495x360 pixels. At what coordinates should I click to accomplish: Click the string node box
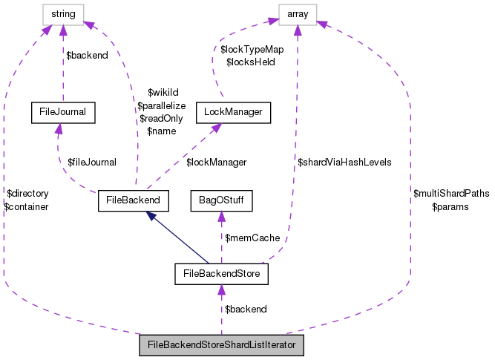62,13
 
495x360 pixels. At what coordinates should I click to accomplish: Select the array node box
297,13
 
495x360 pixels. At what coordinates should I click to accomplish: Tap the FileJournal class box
59,113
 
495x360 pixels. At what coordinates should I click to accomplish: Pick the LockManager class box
232,113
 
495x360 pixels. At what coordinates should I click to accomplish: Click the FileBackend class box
134,200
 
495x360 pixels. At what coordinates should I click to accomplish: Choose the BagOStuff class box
221,200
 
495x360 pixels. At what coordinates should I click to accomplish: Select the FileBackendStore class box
221,274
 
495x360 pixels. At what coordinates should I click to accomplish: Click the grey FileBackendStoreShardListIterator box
222,346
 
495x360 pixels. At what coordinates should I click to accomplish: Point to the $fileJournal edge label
92,162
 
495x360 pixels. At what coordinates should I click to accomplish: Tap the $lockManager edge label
216,162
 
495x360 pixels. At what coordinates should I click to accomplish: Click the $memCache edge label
254,238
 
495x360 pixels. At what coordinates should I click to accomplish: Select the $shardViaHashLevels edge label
344,162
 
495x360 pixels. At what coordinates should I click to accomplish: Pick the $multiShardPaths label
451,194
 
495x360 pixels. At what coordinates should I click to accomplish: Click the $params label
450,206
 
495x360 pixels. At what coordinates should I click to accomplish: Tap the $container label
26,206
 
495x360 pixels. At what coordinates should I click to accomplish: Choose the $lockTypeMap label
252,50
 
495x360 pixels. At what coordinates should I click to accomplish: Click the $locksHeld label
250,62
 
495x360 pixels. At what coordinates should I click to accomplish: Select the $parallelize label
161,106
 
